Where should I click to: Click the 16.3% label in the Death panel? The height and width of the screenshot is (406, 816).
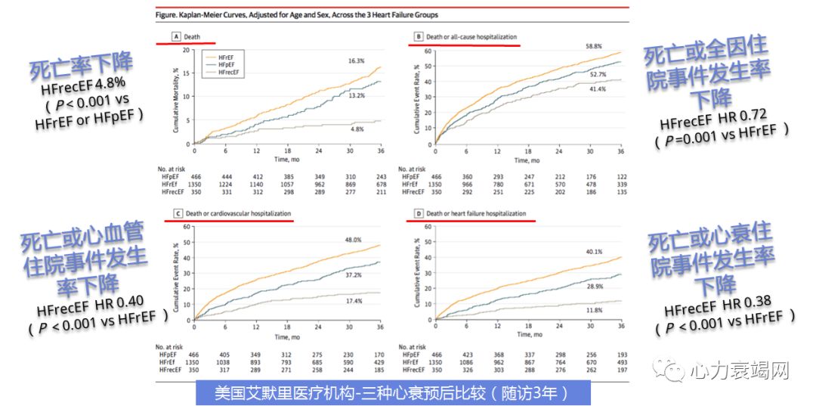[x=356, y=60]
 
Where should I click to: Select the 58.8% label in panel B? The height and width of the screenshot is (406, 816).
[x=595, y=47]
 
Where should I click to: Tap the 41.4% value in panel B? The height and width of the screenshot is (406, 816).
[x=598, y=89]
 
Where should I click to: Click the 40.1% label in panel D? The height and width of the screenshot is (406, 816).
[x=594, y=253]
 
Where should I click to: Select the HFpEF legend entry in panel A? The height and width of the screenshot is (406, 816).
[x=224, y=64]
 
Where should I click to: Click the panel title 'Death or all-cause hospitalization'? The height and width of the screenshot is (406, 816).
[x=471, y=37]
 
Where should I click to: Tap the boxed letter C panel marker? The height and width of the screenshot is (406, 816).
[x=178, y=214]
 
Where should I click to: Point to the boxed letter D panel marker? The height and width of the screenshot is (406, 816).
[x=417, y=214]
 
